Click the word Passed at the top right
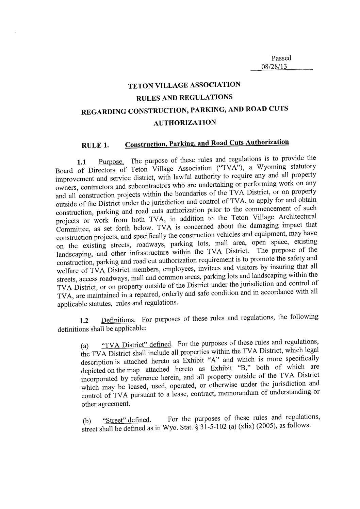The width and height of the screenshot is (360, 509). tap(281, 58)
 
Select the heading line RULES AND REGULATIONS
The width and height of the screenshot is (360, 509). tap(184, 98)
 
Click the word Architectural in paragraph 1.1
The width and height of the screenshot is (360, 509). tap(297, 217)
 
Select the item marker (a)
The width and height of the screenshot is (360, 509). tap(85, 346)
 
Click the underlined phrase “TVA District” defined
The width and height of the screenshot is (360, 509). tap(136, 344)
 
